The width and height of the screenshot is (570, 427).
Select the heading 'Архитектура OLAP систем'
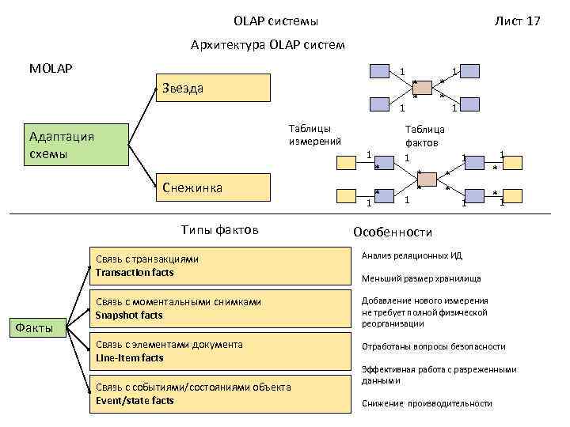pos(268,45)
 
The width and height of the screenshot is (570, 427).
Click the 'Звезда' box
pos(215,89)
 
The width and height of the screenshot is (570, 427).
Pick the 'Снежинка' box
pos(215,188)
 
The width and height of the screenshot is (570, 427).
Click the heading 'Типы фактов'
pos(220,230)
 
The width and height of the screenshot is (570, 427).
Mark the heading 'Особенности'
pos(393,232)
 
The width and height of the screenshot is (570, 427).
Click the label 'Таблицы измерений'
pos(315,134)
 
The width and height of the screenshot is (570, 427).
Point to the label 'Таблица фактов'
pos(425,136)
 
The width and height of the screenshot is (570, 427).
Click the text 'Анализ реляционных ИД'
pos(412,256)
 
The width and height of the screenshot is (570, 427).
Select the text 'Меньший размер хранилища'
pos(421,278)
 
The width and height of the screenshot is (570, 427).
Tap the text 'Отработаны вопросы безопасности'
pos(433,346)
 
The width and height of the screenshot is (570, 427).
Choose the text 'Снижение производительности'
pos(427,403)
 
